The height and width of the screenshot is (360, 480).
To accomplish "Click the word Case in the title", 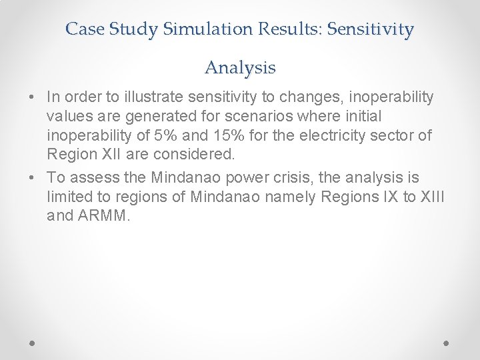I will pos(84,29).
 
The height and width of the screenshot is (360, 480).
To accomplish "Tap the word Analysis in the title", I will pos(240,67).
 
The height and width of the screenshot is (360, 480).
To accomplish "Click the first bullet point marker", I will pos(32,98).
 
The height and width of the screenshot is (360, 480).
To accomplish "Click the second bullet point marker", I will pos(32,178).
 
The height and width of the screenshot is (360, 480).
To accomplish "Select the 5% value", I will pos(165,135).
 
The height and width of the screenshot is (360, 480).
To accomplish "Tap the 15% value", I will pos(227,135).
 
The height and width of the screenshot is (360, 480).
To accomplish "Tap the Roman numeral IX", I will pos(375,197).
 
